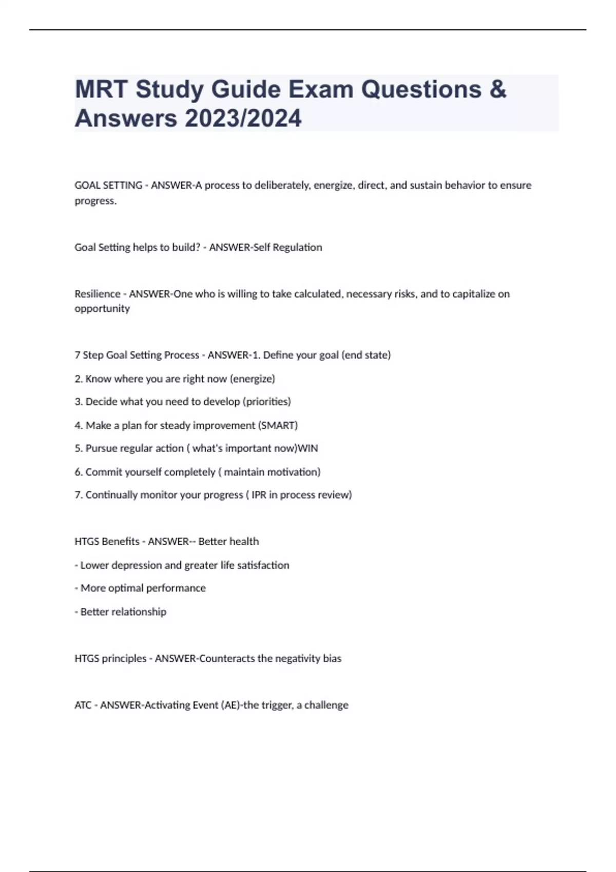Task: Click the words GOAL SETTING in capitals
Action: click(108, 185)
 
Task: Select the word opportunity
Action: click(102, 308)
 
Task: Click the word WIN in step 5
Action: click(308, 448)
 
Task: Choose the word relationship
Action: click(139, 612)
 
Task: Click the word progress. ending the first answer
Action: click(95, 201)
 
